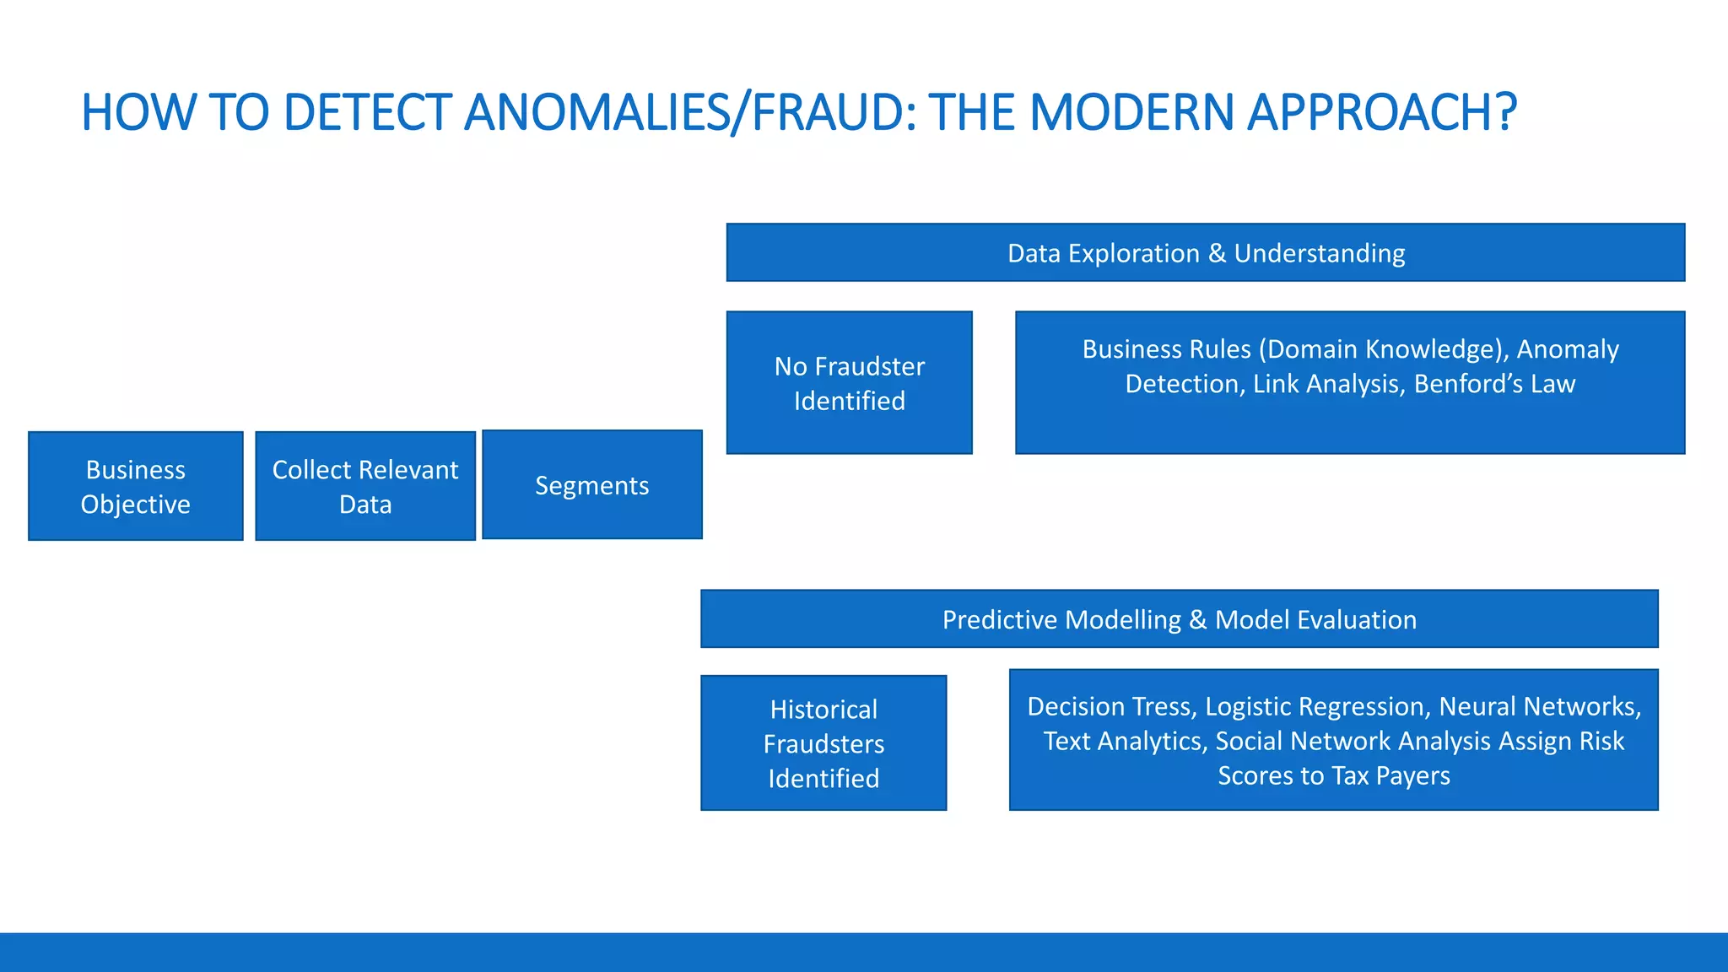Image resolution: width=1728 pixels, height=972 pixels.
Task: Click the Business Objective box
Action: [135, 486]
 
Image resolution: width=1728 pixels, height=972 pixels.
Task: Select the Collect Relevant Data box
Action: [365, 486]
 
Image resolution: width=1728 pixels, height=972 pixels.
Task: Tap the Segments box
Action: [591, 485]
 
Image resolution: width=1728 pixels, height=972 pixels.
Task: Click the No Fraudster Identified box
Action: [849, 383]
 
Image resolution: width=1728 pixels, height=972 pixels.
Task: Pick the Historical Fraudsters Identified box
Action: [823, 743]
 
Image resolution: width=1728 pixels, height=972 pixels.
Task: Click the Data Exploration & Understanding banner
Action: [1205, 253]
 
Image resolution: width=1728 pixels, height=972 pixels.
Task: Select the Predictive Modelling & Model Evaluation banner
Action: [1179, 619]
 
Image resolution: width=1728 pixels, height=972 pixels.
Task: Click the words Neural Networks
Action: [1539, 706]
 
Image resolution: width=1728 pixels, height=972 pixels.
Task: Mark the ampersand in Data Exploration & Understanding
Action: [1216, 253]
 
